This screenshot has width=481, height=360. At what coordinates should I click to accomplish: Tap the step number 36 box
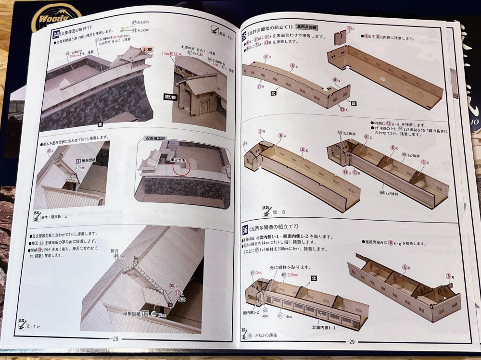tap(244, 229)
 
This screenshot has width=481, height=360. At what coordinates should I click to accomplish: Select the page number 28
tap(115, 338)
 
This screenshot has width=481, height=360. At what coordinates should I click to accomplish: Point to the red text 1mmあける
tap(171, 55)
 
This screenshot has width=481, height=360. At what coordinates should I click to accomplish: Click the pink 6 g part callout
tap(448, 276)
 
